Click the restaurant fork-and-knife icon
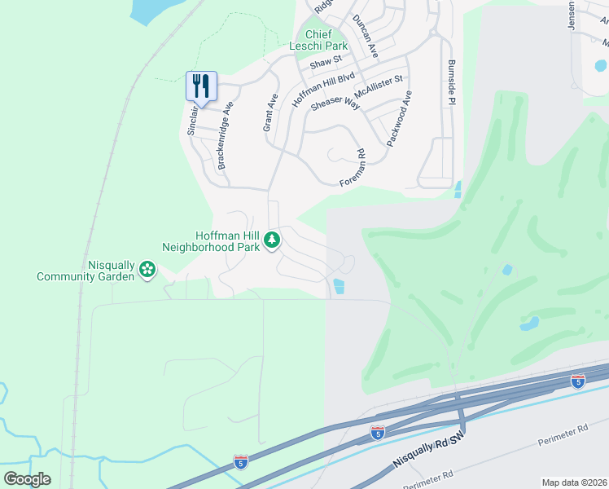click(x=201, y=85)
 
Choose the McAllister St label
click(x=380, y=84)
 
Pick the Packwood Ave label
click(x=399, y=118)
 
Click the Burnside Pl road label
click(x=451, y=81)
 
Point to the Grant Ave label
click(x=269, y=112)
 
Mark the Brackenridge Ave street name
click(x=224, y=135)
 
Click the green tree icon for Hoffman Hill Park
click(x=272, y=240)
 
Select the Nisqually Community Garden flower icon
click(x=147, y=269)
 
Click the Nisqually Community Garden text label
click(x=85, y=271)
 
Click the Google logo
click(x=27, y=479)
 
